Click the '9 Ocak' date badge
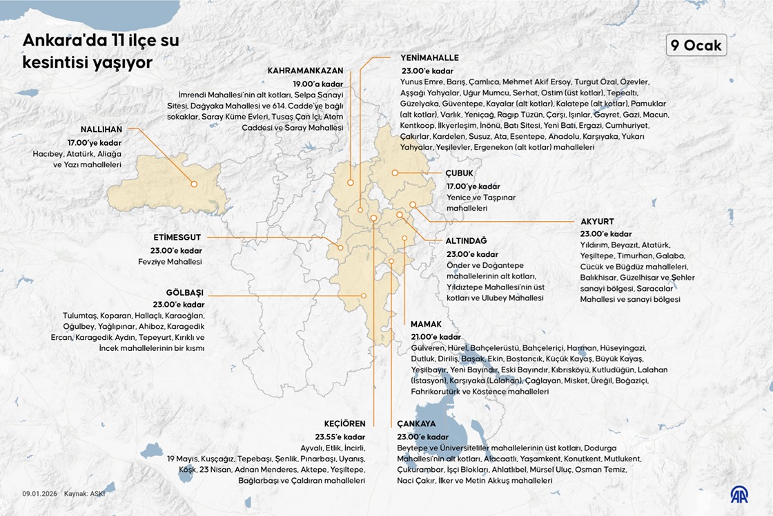(x=696, y=45)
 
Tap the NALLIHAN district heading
(x=101, y=129)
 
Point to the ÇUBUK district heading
(x=460, y=173)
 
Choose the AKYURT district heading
(x=597, y=221)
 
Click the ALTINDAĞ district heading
(x=466, y=240)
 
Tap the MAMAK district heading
(x=426, y=324)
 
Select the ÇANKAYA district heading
(x=416, y=423)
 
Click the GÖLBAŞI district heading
(x=185, y=292)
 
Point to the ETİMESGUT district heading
(x=177, y=237)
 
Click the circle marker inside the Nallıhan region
(x=195, y=184)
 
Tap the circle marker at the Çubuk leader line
(x=395, y=173)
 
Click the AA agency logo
(x=739, y=494)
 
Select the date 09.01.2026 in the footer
(x=39, y=494)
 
